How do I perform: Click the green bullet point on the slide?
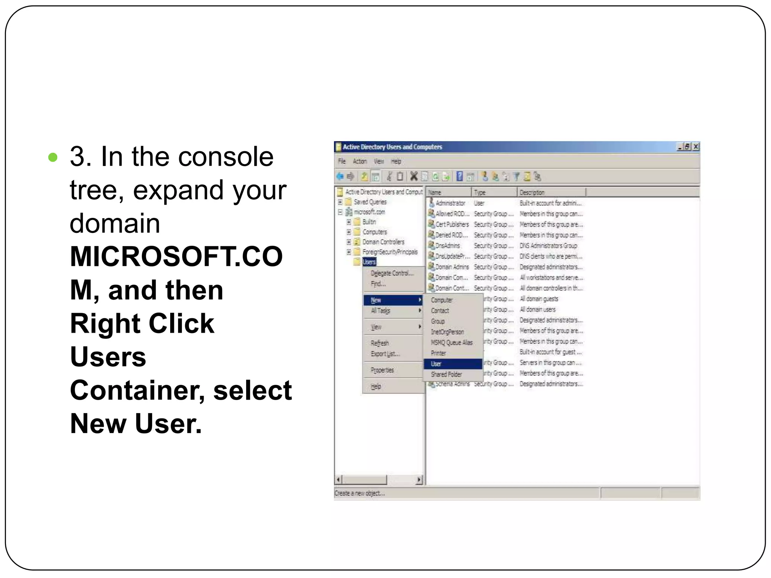click(x=53, y=157)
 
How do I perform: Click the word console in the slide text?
click(x=226, y=157)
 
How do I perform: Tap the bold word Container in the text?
click(x=137, y=390)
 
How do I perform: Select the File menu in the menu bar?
click(x=341, y=161)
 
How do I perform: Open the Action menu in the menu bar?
click(x=360, y=161)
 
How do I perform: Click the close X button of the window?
click(x=696, y=147)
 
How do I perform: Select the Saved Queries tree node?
click(x=370, y=202)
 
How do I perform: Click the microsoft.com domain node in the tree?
click(x=369, y=212)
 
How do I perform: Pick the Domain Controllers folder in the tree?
click(x=383, y=242)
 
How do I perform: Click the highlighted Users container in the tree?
click(x=369, y=262)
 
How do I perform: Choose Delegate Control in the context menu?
click(x=392, y=273)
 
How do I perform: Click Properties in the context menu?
click(x=382, y=370)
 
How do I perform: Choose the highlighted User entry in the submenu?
click(x=436, y=364)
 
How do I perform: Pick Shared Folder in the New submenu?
click(x=446, y=374)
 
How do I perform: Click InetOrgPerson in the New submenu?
click(x=447, y=332)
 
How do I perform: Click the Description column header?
click(x=532, y=193)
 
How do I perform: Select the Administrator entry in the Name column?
click(x=450, y=203)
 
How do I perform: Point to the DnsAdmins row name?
click(x=448, y=246)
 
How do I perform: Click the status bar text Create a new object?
click(x=359, y=493)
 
